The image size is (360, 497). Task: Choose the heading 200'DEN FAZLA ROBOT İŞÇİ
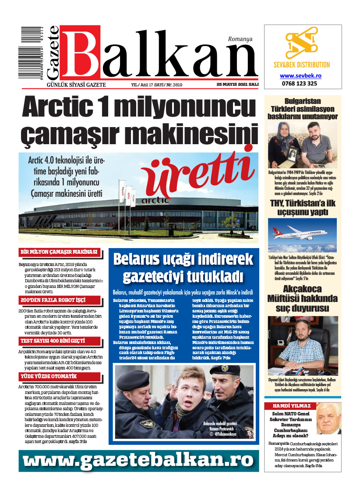(x=53, y=300)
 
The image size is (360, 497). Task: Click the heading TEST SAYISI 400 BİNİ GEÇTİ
(x=53, y=341)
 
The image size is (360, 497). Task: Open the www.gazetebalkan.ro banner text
(x=136, y=460)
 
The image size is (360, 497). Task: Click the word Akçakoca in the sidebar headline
(x=302, y=289)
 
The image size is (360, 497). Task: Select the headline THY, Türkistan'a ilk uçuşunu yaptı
(x=303, y=208)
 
